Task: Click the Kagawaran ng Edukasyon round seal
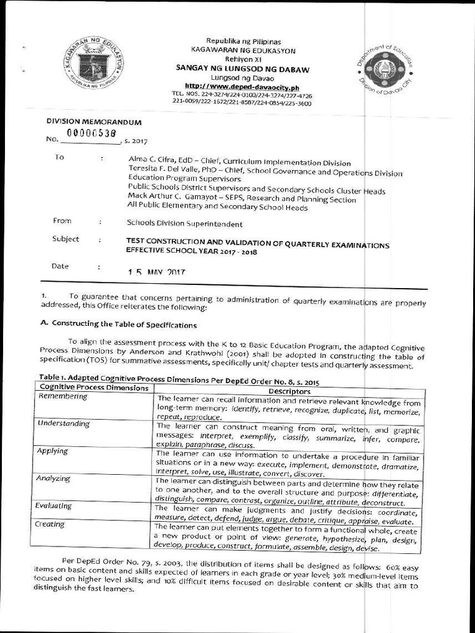[x=93, y=62]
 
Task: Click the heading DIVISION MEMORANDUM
[x=94, y=122]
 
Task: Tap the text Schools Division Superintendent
[x=184, y=224]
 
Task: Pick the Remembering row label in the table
[x=63, y=396]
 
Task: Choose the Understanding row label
[x=64, y=424]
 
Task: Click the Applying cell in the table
[x=53, y=451]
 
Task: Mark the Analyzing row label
[x=54, y=478]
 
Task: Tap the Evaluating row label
[x=54, y=506]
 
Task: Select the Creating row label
[x=50, y=524]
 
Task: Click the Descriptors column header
[x=289, y=391]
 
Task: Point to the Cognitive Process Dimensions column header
[x=93, y=388]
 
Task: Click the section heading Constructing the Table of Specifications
[x=124, y=324]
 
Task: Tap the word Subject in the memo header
[x=66, y=239]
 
